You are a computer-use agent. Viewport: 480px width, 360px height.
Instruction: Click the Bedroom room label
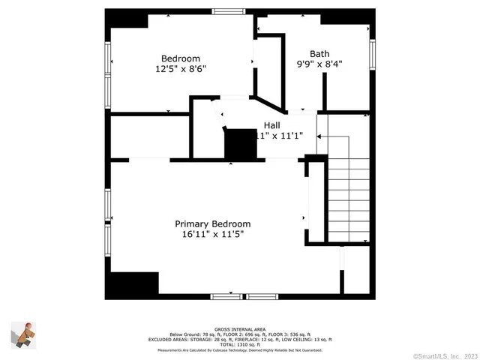click(181, 58)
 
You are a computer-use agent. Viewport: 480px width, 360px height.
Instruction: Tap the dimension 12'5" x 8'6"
click(181, 69)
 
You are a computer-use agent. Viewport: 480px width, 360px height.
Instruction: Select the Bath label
click(319, 53)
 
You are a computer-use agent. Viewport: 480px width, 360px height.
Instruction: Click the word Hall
click(271, 125)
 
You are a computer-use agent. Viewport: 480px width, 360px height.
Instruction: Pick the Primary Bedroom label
click(213, 223)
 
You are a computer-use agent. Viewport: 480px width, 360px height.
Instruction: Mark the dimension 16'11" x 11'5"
click(213, 234)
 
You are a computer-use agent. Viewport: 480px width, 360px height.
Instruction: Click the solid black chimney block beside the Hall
click(241, 144)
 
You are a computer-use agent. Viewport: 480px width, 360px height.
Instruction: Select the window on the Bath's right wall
click(372, 54)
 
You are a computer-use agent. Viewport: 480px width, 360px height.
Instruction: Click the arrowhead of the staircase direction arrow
click(319, 137)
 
